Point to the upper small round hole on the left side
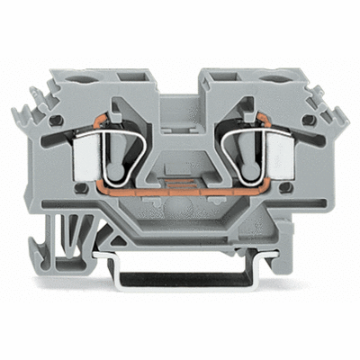pyautogui.click(x=57, y=120)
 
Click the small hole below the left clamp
pyautogui.click(x=79, y=187)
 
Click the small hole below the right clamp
pyautogui.click(x=281, y=187)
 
